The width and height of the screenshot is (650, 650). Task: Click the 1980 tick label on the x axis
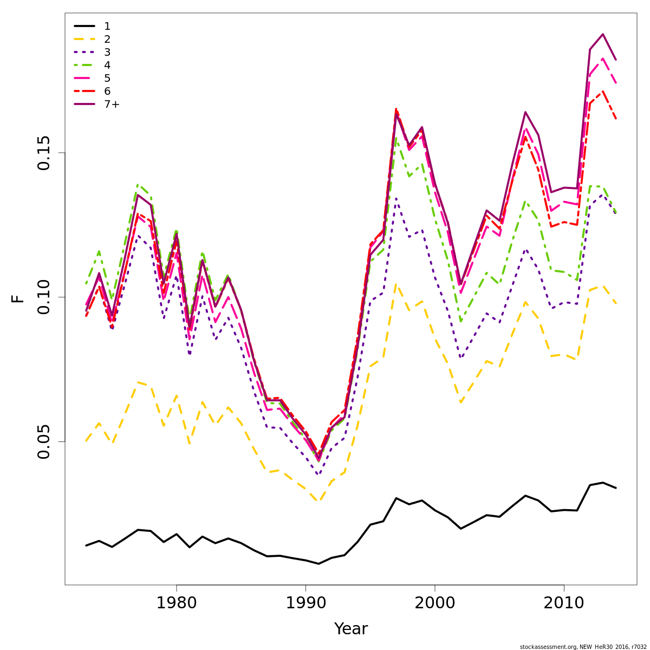tap(177, 603)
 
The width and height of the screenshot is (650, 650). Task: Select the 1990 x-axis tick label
tap(305, 603)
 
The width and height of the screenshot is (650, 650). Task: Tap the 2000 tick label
tap(435, 603)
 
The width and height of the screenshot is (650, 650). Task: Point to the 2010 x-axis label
tap(564, 603)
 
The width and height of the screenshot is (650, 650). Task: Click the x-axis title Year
tap(351, 629)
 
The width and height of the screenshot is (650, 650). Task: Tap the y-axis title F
tap(18, 298)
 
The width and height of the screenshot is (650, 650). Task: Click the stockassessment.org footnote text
tap(583, 647)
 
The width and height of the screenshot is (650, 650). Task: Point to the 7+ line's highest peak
tap(603, 34)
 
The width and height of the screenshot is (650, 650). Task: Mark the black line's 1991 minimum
tap(318, 564)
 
